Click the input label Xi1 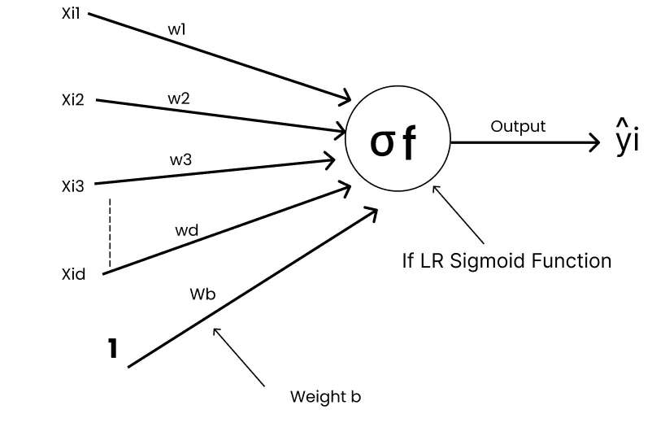(x=72, y=15)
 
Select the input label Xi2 (x=72, y=101)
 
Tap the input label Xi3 (x=72, y=185)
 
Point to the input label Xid (x=73, y=274)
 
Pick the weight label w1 (x=178, y=29)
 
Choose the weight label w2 (x=179, y=98)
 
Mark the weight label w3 (x=180, y=160)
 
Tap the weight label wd (x=186, y=230)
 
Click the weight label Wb (x=202, y=294)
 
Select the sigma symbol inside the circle (x=383, y=142)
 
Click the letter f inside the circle (x=409, y=142)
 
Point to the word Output (x=518, y=126)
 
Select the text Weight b (x=325, y=397)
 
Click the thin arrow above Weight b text (x=239, y=355)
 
